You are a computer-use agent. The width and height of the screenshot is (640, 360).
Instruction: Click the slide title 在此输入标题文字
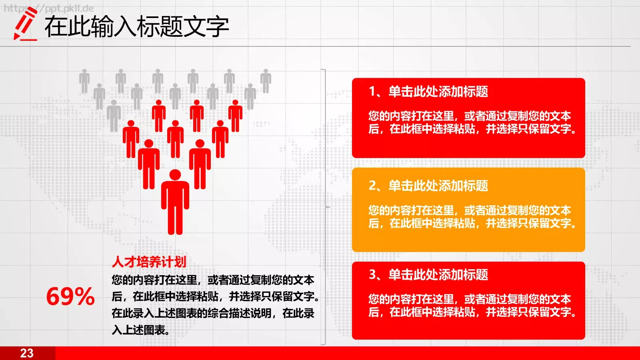(136, 27)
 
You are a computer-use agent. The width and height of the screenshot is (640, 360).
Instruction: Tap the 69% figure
(70, 296)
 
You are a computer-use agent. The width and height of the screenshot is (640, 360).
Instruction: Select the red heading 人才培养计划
(149, 262)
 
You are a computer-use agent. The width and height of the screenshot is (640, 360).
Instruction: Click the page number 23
(27, 353)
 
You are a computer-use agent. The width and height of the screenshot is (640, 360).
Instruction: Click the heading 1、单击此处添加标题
(428, 92)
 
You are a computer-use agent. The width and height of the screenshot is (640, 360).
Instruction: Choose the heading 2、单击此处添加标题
(428, 186)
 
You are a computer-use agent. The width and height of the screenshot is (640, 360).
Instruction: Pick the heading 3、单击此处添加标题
(428, 274)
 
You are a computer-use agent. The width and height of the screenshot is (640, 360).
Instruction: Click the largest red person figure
(175, 204)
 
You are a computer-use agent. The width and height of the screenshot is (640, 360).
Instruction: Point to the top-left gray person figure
(84, 81)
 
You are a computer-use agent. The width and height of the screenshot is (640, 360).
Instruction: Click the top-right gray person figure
(266, 81)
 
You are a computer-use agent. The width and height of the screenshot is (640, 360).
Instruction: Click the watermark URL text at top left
(48, 8)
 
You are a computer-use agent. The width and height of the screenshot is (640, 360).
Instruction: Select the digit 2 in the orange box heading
(372, 186)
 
